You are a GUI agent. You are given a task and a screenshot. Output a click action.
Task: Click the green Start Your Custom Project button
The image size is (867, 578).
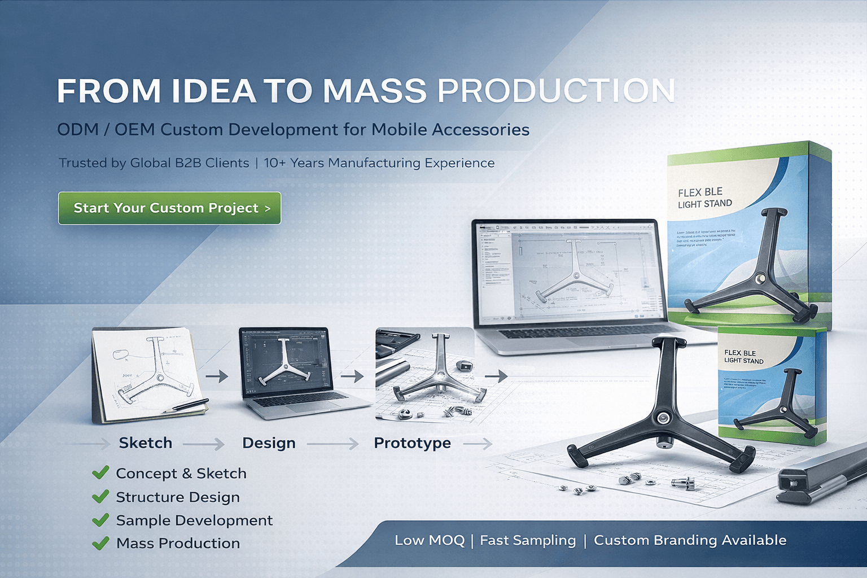169,208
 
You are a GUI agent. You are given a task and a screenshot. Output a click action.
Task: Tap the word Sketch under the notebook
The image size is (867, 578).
146,443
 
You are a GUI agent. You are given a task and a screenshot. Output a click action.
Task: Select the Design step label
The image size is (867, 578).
269,443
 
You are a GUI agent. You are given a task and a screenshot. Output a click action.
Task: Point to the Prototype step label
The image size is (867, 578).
412,443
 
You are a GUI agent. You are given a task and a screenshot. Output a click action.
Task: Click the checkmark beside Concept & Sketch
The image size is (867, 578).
100,472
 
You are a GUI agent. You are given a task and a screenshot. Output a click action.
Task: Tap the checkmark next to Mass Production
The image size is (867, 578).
100,543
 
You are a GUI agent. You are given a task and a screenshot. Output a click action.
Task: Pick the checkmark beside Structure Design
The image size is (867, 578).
100,497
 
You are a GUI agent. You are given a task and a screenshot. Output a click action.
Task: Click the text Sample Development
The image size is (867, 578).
194,520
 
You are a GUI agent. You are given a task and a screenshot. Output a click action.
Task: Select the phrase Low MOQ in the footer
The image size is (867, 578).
430,540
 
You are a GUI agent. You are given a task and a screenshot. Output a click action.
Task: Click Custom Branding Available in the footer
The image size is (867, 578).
690,540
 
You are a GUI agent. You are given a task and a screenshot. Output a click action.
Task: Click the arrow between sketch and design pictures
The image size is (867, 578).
216,376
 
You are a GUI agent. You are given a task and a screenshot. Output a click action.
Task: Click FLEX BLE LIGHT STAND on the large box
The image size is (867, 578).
704,198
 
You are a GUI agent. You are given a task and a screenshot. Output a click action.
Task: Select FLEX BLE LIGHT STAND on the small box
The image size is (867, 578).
743,357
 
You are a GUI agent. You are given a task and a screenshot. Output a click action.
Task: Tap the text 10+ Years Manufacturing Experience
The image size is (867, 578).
379,163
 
